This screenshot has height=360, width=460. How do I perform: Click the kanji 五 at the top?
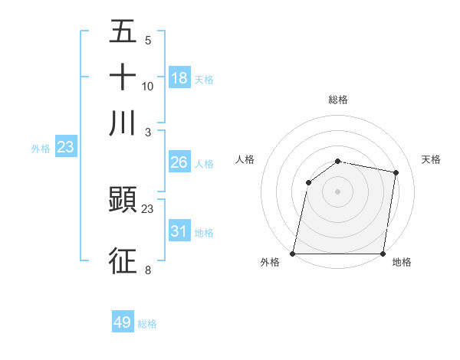pos(123,32)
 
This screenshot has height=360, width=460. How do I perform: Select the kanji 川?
pos(123,123)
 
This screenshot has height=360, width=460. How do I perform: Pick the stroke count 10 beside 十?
pos(148,86)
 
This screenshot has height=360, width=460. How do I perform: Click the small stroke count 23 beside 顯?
pos(148,208)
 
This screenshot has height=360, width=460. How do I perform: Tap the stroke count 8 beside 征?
pos(148,270)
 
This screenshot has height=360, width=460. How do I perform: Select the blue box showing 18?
pos(179,77)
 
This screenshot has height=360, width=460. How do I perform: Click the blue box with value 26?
pos(179,162)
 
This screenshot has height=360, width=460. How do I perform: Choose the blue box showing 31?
pos(179,231)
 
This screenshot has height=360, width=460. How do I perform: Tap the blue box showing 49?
pos(123,322)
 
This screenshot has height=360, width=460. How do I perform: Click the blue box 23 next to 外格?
pos(65,147)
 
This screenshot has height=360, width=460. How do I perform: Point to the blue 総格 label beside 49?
pos(147,324)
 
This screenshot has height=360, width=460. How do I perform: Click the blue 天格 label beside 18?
pos(203,79)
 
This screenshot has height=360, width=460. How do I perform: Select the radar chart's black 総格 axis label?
pos(338,100)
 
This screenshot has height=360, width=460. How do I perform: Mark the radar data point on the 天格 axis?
pos(396,172)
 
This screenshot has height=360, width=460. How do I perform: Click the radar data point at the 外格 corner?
pos(293,254)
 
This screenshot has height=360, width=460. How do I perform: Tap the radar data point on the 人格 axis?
pos(308,182)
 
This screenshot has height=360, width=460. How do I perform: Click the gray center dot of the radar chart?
pos(338,191)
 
